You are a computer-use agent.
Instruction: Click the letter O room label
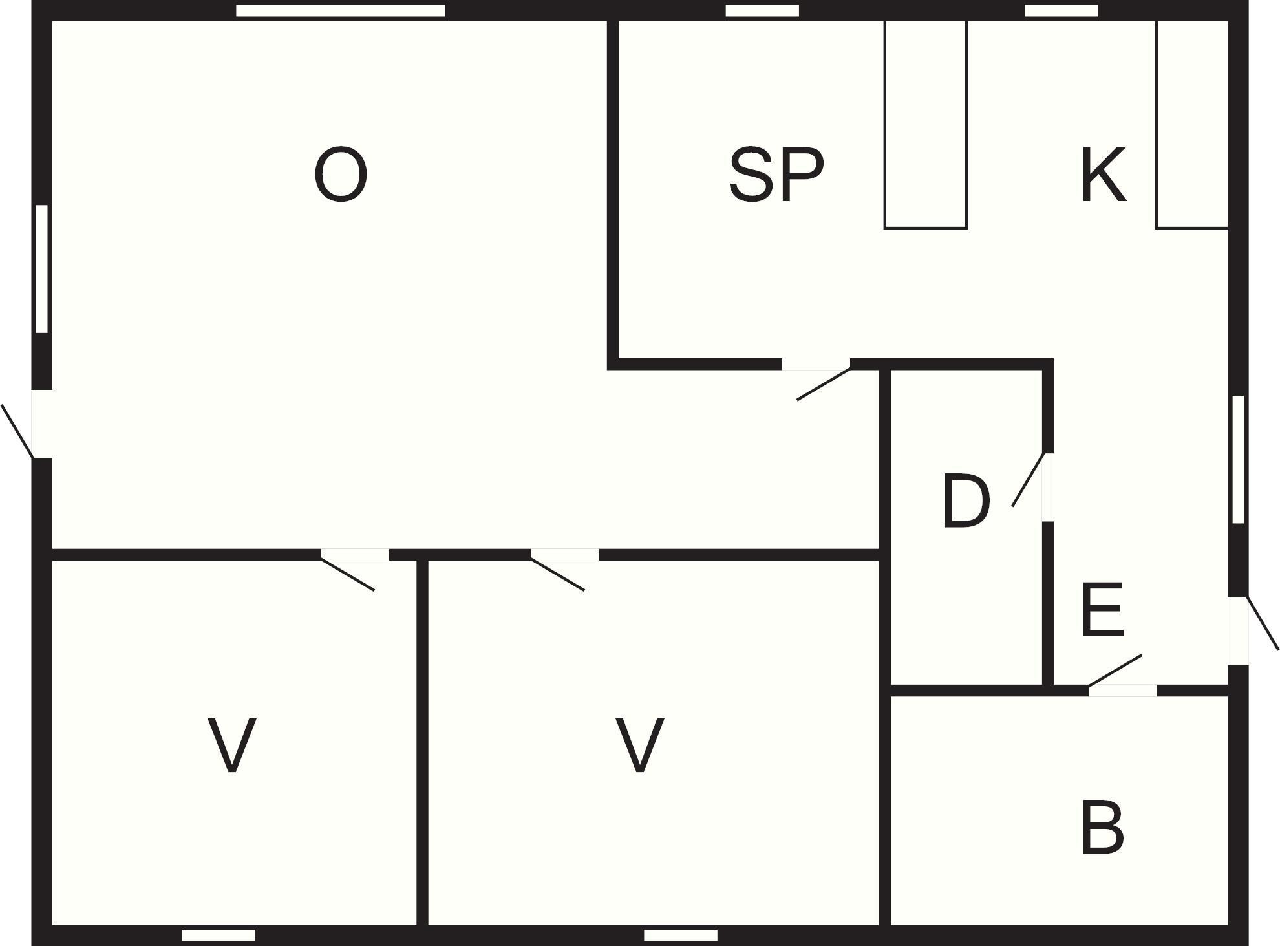point(341,175)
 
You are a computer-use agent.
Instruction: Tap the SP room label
point(776,174)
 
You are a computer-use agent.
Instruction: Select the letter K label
point(1104,175)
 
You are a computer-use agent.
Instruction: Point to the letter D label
point(966,500)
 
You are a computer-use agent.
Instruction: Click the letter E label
point(1103,609)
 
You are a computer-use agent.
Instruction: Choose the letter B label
point(1103,827)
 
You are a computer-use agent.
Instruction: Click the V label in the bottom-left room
point(231,744)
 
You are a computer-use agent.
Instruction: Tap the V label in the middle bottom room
point(639,744)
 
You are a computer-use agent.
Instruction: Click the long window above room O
point(341,10)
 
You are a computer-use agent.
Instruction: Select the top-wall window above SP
point(762,10)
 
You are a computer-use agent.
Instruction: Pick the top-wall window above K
point(1061,10)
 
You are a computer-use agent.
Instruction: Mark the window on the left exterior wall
point(42,269)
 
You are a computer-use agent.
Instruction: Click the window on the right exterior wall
point(1238,459)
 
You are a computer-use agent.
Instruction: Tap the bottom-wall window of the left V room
point(219,935)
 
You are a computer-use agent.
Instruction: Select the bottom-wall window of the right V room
point(681,935)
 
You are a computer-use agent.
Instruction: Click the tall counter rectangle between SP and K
point(925,124)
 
